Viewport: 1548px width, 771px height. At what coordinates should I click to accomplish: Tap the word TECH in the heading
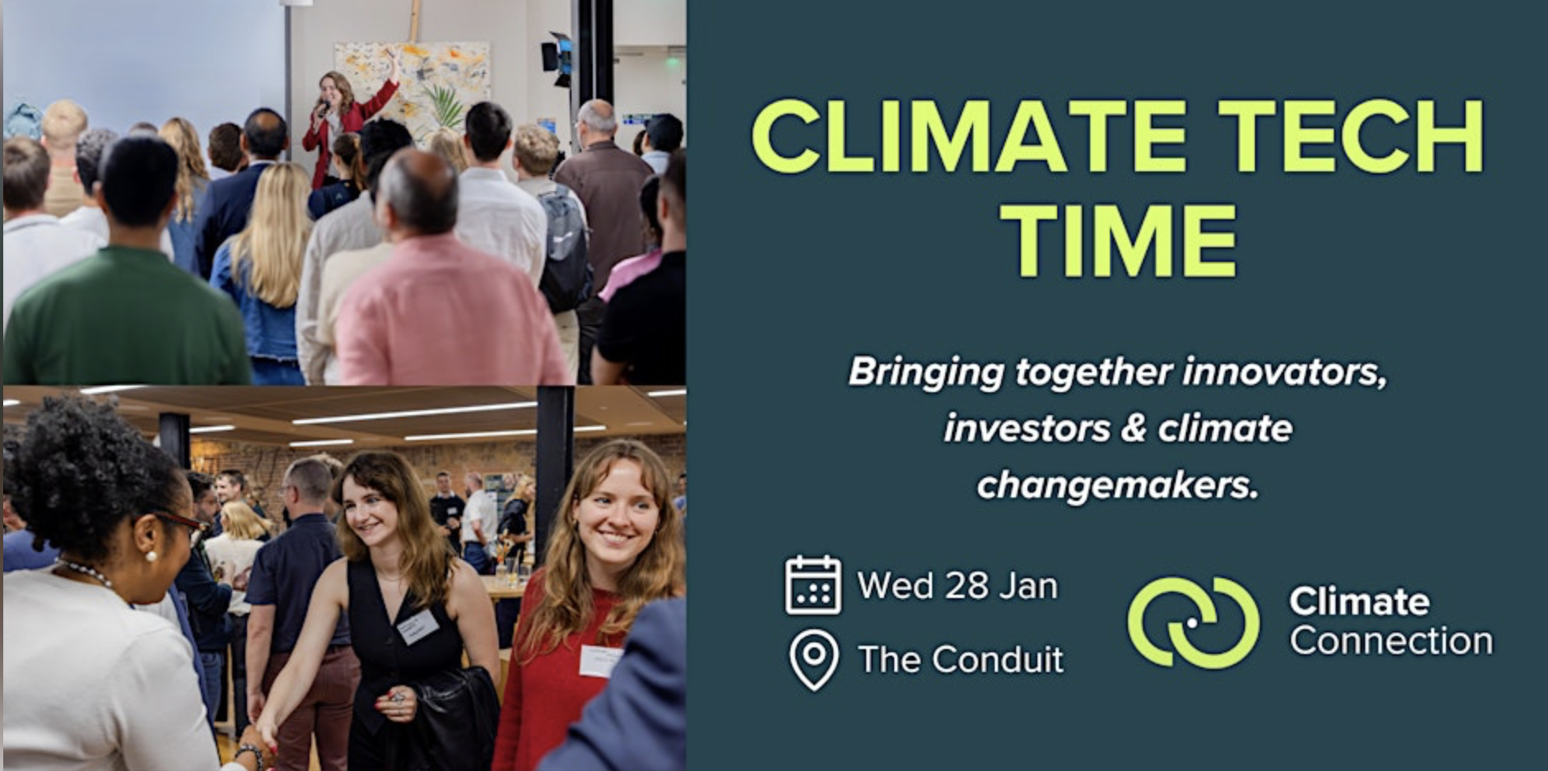1350,138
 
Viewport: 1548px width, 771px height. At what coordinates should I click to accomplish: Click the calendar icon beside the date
813,586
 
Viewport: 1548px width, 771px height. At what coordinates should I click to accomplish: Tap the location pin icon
814,660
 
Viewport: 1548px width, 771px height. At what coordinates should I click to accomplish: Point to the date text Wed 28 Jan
957,586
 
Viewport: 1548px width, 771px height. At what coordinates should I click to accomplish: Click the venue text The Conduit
961,660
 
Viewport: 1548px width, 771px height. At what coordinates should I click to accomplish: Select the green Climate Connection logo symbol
1193,622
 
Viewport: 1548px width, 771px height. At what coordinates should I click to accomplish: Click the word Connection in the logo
1391,642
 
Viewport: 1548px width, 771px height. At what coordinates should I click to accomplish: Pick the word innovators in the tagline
1285,372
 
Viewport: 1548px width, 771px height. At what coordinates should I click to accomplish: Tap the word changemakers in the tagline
1117,485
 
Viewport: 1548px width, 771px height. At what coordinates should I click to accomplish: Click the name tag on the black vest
417,627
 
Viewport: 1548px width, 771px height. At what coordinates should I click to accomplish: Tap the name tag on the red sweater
599,661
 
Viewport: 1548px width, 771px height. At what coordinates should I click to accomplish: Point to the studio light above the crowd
557,56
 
